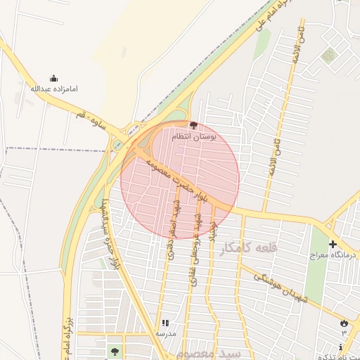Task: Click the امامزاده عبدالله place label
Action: coord(54,89)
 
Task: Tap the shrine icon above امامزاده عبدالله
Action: coord(54,78)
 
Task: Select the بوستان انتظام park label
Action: coord(213,136)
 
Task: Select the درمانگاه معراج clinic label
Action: coord(333,255)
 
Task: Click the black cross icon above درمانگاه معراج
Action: coord(333,244)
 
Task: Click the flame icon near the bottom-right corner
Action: coord(344,323)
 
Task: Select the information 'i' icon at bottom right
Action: coord(341,347)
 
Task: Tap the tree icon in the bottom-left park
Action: coord(114,349)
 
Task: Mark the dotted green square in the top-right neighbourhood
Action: coord(328,55)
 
